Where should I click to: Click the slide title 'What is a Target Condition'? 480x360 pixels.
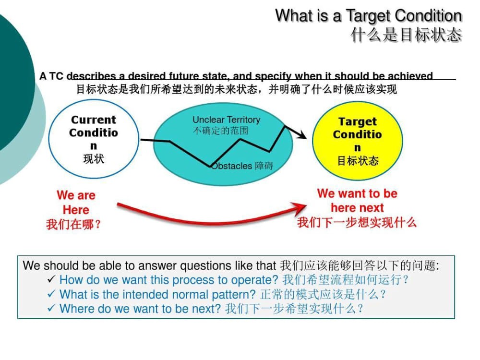click(x=369, y=16)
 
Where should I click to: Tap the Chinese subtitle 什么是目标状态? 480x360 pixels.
click(x=406, y=34)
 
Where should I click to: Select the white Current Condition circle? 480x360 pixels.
click(x=94, y=139)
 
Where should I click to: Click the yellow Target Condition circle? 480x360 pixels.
click(x=358, y=141)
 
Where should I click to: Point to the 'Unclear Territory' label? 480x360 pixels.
click(x=227, y=120)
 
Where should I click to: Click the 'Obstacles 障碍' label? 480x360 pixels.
click(x=242, y=166)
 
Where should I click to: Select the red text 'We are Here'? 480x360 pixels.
click(x=76, y=203)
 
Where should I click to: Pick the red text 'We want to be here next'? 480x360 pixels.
click(x=357, y=201)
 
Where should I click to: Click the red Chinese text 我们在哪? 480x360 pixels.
click(x=73, y=224)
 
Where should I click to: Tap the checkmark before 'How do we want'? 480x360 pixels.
click(x=51, y=279)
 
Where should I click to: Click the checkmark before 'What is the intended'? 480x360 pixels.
click(x=51, y=294)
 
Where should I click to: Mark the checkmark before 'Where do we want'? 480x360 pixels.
click(x=51, y=308)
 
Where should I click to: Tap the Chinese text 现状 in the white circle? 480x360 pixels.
click(x=94, y=159)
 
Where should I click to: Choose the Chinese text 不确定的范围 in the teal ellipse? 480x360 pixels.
click(x=220, y=131)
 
